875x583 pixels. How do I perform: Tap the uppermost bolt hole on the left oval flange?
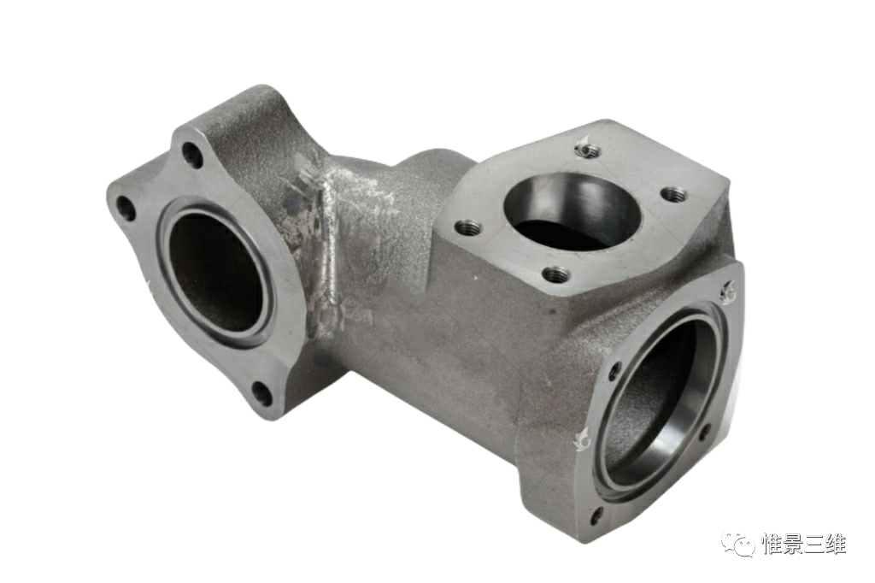click(192, 156)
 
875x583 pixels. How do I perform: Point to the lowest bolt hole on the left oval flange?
click(261, 394)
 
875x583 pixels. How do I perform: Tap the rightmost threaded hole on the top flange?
click(672, 194)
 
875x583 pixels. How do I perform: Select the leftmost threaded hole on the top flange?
click(467, 228)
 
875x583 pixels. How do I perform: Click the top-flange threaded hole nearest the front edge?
click(555, 274)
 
